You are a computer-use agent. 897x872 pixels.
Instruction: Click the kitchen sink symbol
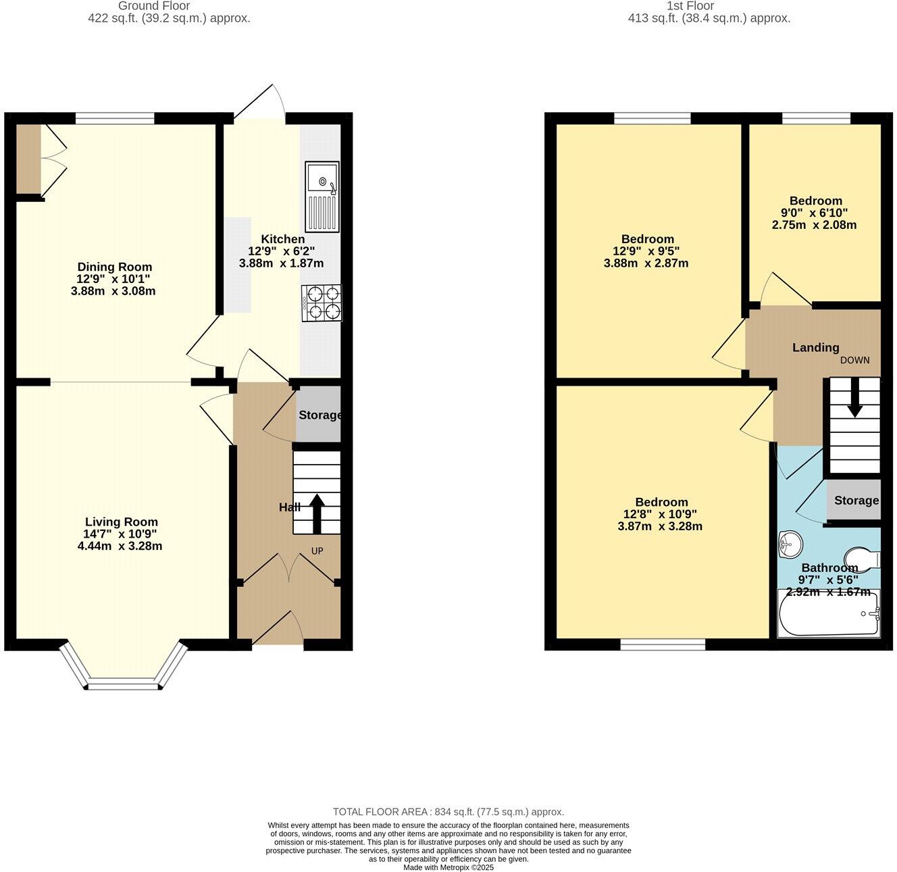pyautogui.click(x=322, y=197)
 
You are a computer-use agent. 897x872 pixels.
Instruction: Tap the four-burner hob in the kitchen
pyautogui.click(x=322, y=303)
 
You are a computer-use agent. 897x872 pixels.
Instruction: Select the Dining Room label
pyautogui.click(x=114, y=267)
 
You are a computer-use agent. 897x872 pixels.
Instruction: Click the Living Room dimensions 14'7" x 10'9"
pyautogui.click(x=121, y=534)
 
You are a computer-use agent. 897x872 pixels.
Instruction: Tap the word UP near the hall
pyautogui.click(x=317, y=551)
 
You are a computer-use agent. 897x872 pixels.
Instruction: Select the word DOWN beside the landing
pyautogui.click(x=854, y=360)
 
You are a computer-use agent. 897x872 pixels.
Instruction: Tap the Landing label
pyautogui.click(x=815, y=348)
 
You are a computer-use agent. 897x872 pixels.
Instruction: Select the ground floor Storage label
pyautogui.click(x=319, y=415)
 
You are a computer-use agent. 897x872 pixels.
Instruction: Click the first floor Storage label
pyautogui.click(x=856, y=501)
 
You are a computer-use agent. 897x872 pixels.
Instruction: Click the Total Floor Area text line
pyautogui.click(x=448, y=812)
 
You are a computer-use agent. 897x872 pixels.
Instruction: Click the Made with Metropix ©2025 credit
pyautogui.click(x=448, y=867)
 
